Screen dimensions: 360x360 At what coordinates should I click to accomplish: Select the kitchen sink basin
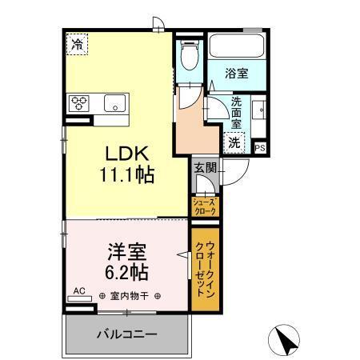(x=114, y=102)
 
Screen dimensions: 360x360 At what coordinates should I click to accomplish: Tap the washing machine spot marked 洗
(x=234, y=142)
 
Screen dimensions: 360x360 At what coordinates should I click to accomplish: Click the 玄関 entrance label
(x=203, y=167)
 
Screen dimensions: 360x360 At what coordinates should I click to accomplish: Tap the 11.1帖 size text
(x=126, y=172)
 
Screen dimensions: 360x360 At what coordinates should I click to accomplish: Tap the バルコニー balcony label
(x=127, y=334)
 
